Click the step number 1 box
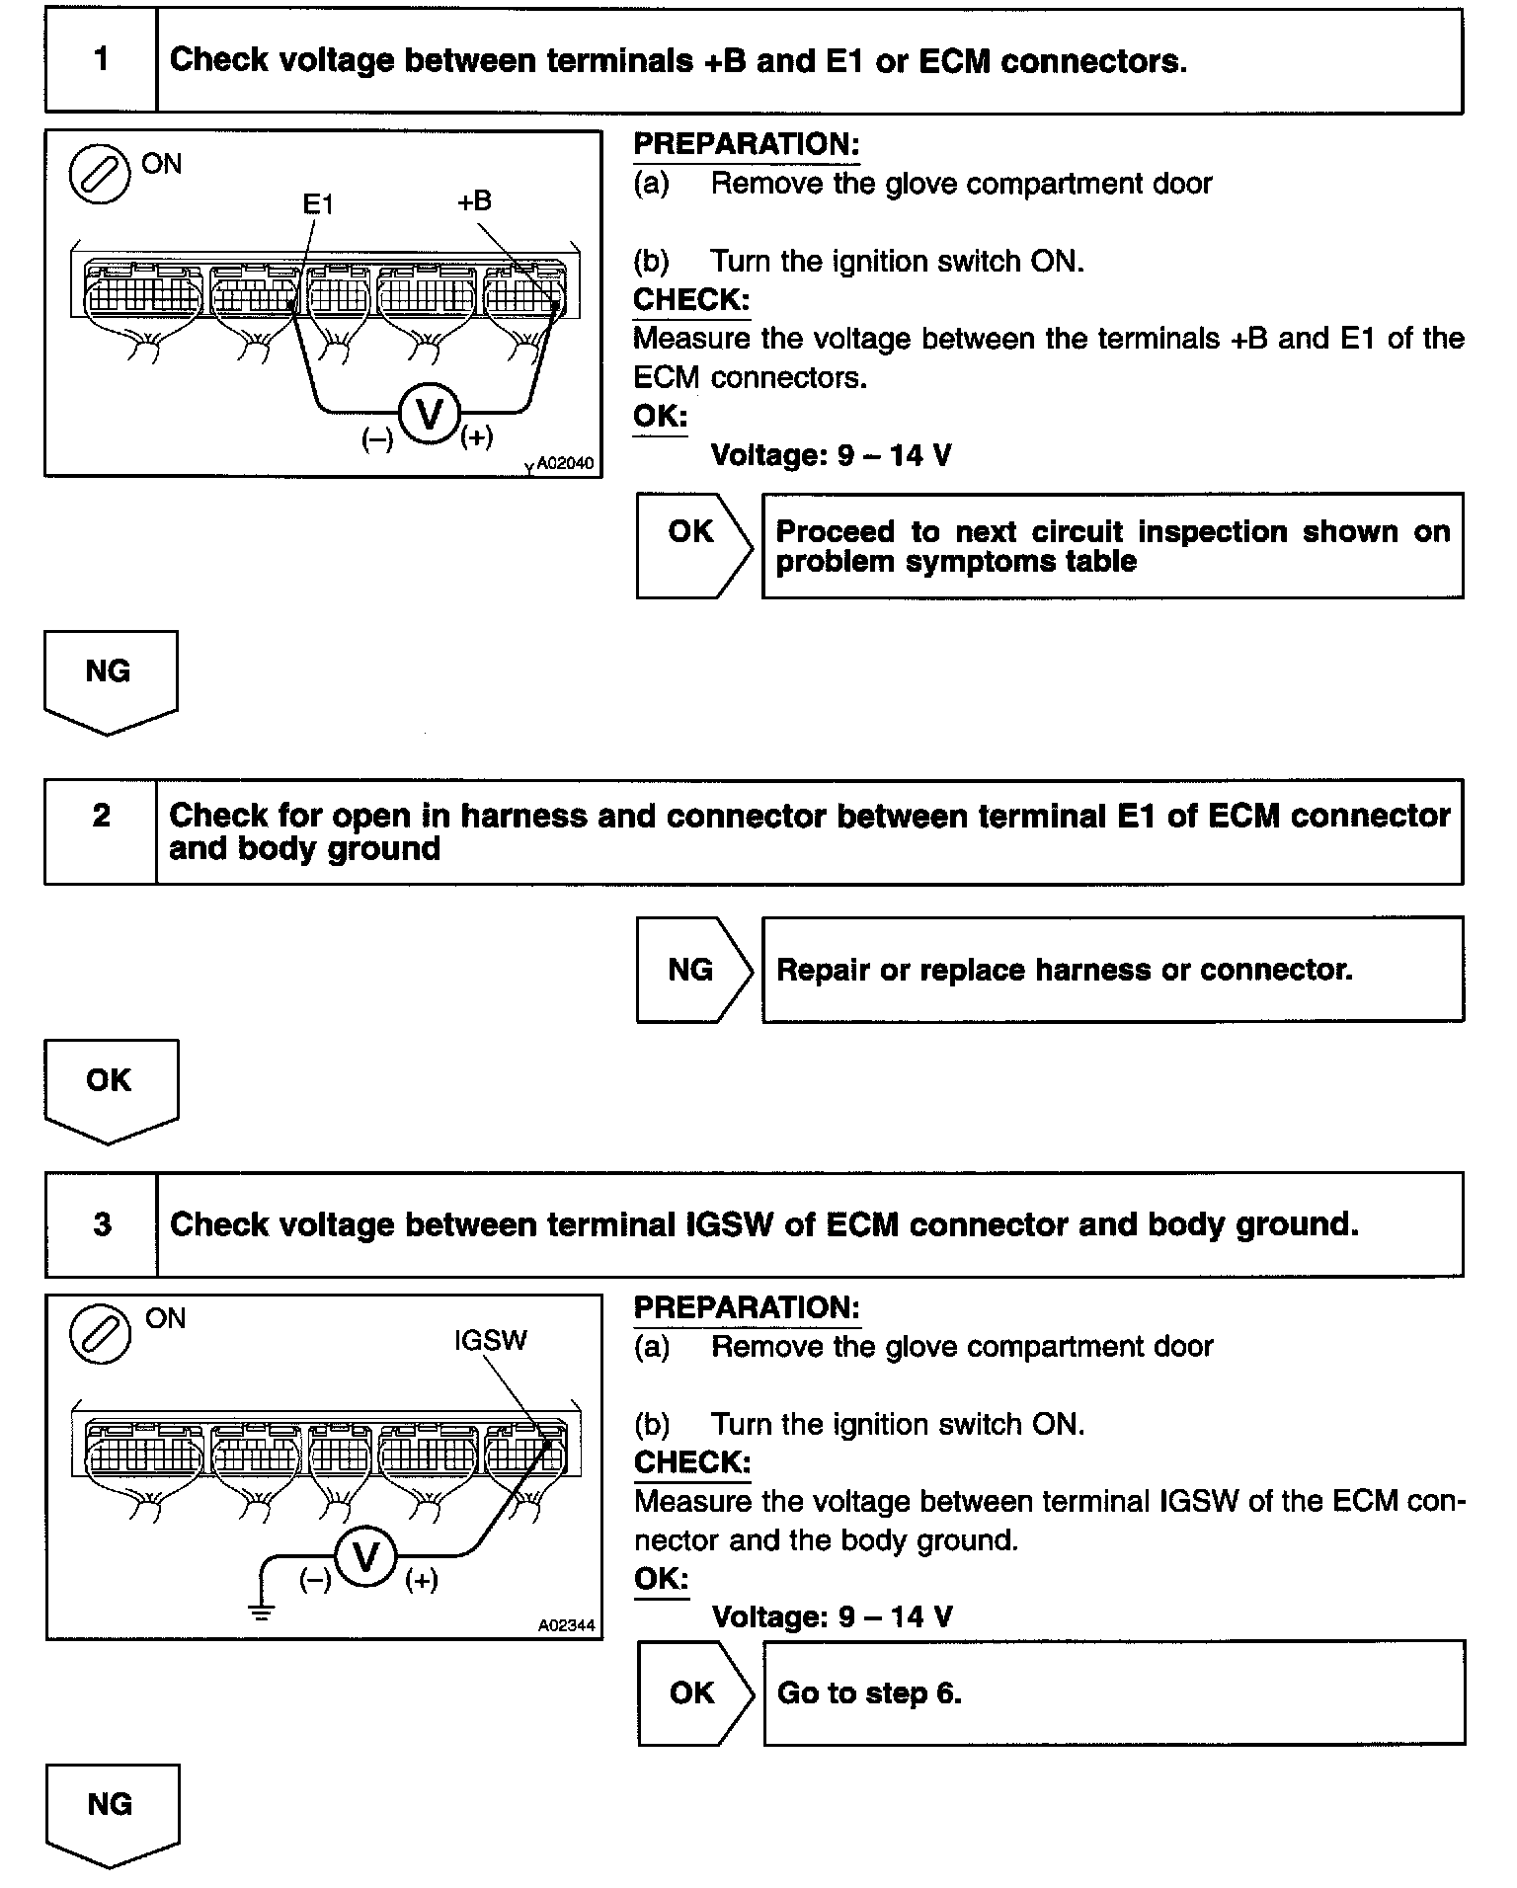point(101,60)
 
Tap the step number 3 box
point(102,1224)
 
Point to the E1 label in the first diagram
point(318,204)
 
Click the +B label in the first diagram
point(474,201)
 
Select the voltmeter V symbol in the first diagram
point(430,414)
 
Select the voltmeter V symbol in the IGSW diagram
point(365,1558)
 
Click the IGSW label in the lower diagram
point(491,1340)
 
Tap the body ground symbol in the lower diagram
point(262,1613)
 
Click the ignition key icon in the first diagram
point(99,175)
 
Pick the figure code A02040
point(565,463)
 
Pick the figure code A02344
point(567,1625)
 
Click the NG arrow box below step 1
point(110,680)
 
